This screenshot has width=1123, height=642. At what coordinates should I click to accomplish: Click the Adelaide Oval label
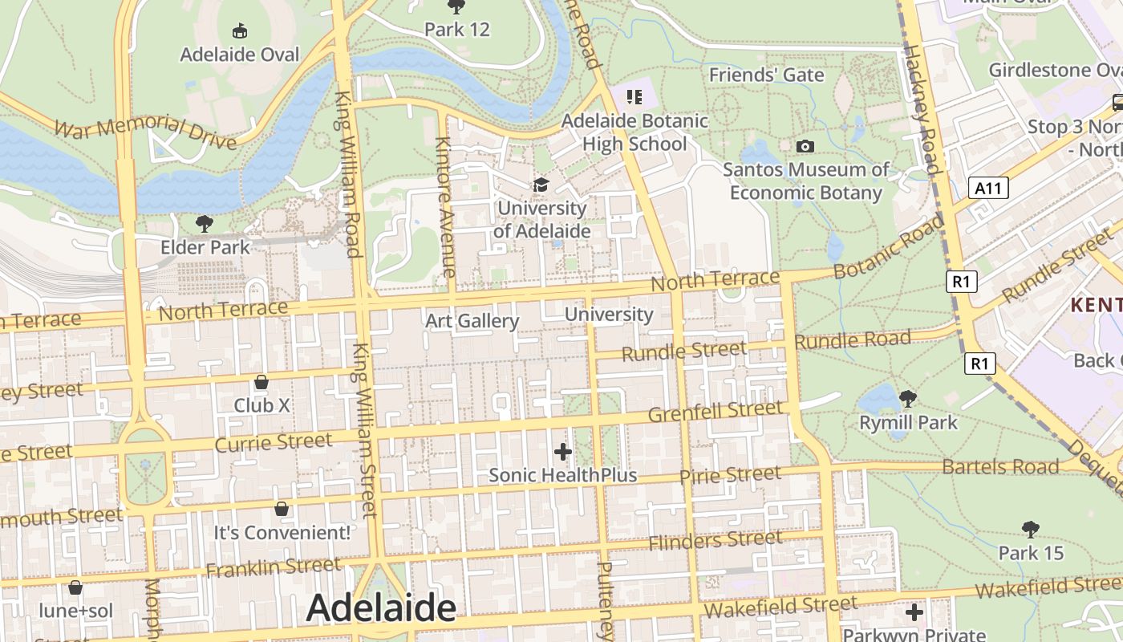tap(239, 55)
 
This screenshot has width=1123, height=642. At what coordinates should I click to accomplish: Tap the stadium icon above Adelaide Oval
tap(239, 31)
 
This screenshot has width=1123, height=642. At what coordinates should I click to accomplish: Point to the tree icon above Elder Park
tap(205, 223)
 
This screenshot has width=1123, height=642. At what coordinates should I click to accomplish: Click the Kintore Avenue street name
tap(444, 208)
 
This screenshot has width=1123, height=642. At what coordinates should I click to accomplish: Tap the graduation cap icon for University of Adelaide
tap(541, 185)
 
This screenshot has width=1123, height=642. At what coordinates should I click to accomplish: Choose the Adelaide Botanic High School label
tap(634, 132)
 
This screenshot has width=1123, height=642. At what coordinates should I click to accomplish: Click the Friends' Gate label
tap(766, 75)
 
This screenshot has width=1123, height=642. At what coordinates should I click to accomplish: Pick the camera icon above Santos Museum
tap(805, 146)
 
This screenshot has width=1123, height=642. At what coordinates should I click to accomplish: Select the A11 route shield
tap(988, 188)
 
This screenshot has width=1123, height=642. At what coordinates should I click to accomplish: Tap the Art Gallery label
tap(472, 321)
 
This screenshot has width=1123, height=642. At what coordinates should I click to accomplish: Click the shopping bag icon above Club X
tap(261, 382)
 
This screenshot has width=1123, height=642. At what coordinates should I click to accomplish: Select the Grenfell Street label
tap(715, 412)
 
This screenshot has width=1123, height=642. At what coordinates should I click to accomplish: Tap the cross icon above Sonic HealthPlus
tap(563, 452)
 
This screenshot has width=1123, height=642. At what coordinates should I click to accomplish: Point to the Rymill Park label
tap(908, 422)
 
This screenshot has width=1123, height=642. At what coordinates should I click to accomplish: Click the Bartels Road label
tap(1000, 466)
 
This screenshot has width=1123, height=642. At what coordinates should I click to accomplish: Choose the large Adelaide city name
tap(381, 607)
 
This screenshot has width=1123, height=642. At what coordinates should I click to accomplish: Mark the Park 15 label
tap(1031, 553)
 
